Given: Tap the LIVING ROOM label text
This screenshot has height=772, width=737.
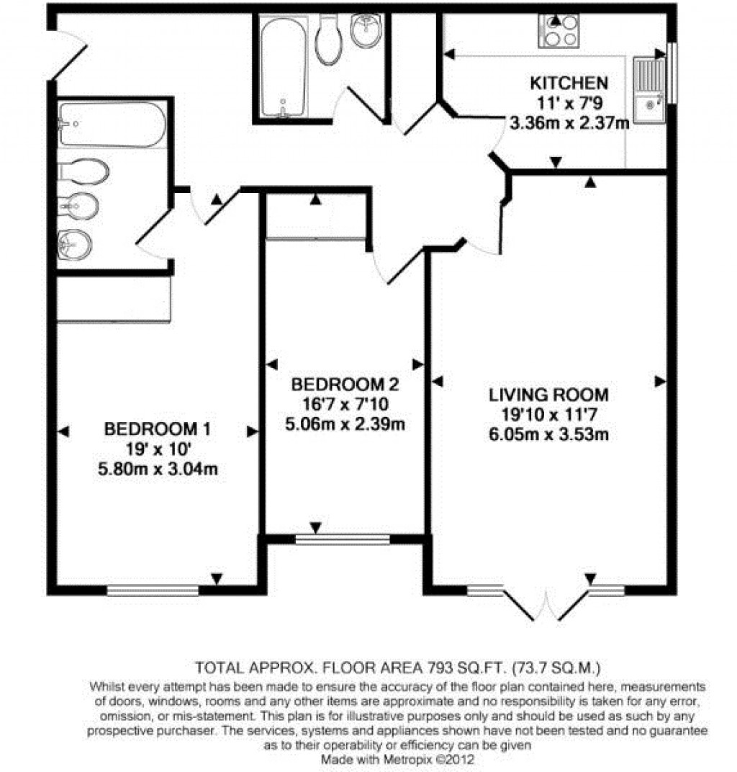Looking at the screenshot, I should coord(549,395).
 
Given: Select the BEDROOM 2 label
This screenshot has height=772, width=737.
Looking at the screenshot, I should coord(345,383).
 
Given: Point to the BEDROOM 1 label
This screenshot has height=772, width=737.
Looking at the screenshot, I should coord(158,430).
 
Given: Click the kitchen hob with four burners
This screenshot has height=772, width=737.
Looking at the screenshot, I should coord(559,30).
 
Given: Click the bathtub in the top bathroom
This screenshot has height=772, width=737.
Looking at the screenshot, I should coord(284,67).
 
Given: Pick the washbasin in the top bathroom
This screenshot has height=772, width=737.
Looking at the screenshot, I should coord(367,32).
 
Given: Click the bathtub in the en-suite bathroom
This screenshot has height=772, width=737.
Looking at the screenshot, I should coord(112,125).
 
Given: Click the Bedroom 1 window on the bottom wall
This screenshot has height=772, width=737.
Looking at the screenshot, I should coord(153,591).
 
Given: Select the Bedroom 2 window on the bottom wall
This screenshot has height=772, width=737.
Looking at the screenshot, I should coord(342,539).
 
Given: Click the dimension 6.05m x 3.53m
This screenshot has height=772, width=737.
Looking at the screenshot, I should coord(549,434).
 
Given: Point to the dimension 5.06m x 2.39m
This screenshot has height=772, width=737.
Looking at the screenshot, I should coord(345,423).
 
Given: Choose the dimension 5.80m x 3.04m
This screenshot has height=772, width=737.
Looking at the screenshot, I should coord(158,470).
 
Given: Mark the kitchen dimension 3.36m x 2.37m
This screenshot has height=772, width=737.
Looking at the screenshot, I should coord(569,122).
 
